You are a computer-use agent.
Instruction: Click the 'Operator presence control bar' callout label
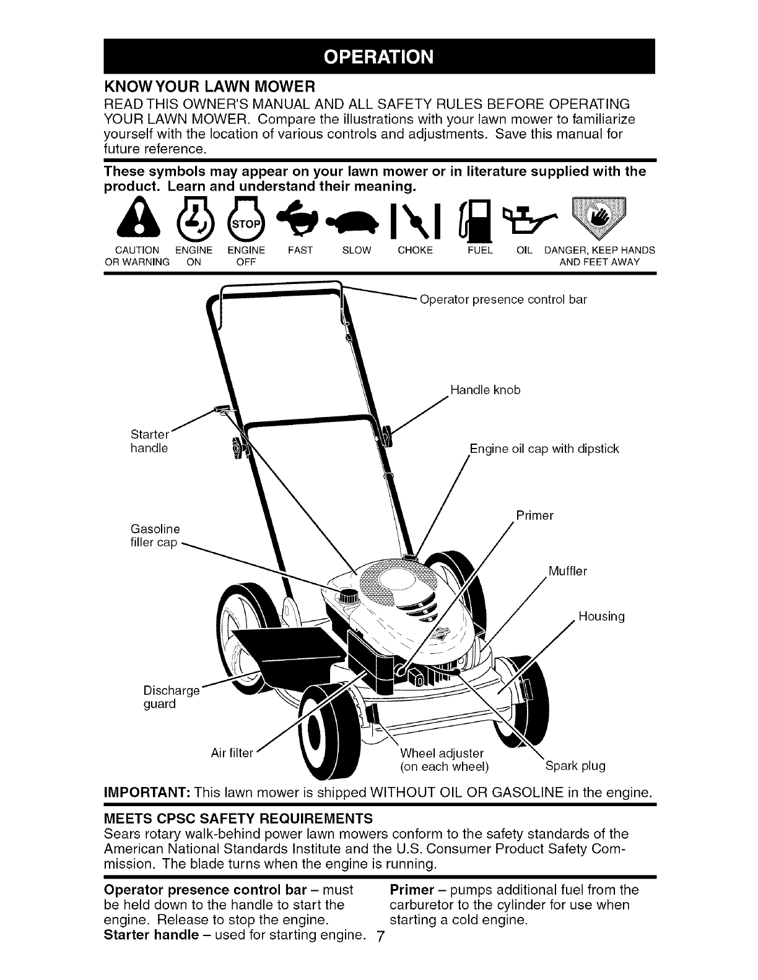coord(503,300)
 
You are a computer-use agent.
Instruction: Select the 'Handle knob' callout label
coord(486,390)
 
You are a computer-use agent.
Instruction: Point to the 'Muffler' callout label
coord(567,570)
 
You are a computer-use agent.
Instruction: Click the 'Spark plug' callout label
coord(575,766)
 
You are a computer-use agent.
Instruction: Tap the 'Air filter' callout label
coord(232,753)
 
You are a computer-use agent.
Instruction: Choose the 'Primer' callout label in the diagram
coord(534,515)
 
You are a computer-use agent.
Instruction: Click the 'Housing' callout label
coord(601,616)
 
